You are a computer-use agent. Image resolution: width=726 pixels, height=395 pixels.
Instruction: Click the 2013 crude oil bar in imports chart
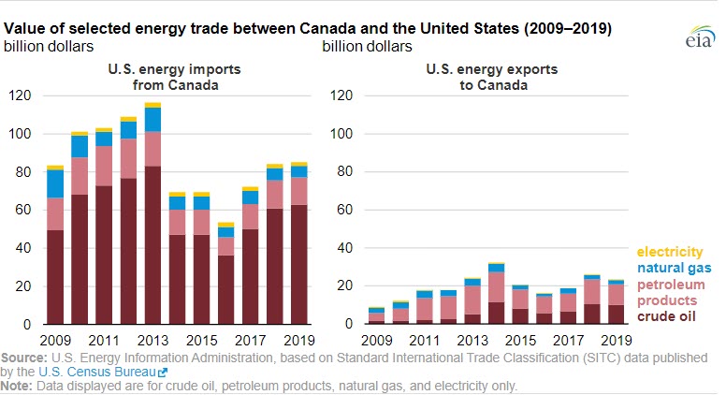pyautogui.click(x=152, y=245)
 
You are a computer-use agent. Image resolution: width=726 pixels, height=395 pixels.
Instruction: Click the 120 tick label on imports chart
pyautogui.click(x=21, y=95)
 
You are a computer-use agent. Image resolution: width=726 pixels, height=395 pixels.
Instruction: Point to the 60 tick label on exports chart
pyautogui.click(x=342, y=210)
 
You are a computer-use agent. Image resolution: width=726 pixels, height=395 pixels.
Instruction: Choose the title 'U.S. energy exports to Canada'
pyautogui.click(x=476, y=77)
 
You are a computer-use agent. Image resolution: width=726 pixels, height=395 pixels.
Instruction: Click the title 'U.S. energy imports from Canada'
pyautogui.click(x=153, y=77)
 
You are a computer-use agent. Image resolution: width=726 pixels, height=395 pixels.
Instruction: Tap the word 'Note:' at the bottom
pyautogui.click(x=17, y=385)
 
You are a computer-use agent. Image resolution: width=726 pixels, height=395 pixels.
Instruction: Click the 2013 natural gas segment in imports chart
pyautogui.click(x=152, y=119)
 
